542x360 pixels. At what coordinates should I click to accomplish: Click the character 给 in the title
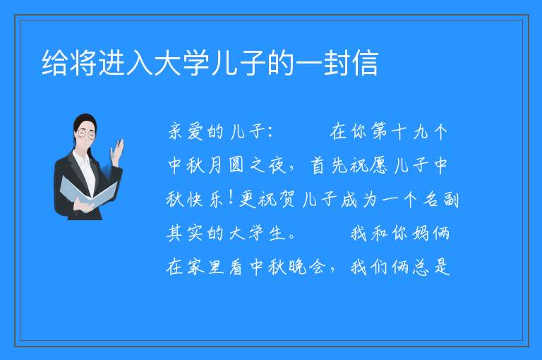(x=55, y=63)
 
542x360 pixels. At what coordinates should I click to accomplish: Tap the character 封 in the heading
(x=337, y=63)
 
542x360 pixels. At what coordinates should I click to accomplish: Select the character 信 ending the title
(x=364, y=63)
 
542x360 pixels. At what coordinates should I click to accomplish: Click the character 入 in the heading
(x=140, y=63)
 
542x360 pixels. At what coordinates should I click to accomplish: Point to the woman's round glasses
(x=86, y=134)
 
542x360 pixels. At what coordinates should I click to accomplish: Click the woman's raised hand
(x=117, y=152)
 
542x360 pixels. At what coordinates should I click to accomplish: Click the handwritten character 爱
(x=196, y=132)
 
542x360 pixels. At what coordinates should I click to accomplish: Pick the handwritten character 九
(x=420, y=132)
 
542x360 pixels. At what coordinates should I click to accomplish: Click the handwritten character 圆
(x=236, y=165)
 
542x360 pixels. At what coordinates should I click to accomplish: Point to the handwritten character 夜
(x=277, y=165)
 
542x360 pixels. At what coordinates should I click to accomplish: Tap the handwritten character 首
(x=318, y=165)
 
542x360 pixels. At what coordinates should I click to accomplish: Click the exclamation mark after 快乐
(x=231, y=198)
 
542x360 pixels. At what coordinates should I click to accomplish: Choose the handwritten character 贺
(x=287, y=199)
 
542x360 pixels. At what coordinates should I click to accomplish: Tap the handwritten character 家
(x=196, y=267)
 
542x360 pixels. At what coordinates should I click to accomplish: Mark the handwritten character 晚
(x=298, y=267)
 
